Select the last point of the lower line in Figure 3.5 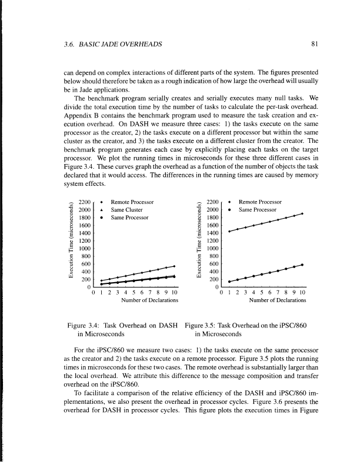pyautogui.click(x=302, y=265)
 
